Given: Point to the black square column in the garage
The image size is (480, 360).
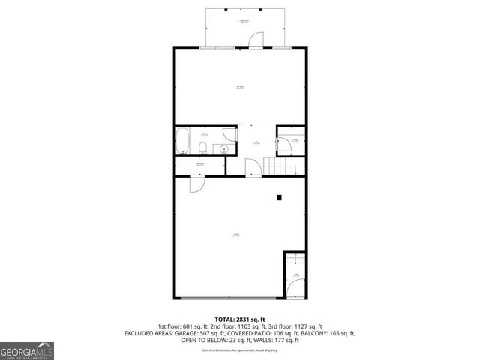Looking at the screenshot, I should [x=279, y=197].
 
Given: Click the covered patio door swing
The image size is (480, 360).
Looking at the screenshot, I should [x=256, y=39].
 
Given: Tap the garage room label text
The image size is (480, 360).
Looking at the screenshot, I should [x=235, y=235].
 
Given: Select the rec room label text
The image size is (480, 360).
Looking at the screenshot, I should [x=239, y=87].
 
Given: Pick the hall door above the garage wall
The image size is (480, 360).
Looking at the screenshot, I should [x=253, y=168].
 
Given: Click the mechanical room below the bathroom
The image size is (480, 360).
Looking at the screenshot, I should [x=200, y=165].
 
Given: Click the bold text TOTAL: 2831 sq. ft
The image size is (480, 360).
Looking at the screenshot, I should [x=239, y=319].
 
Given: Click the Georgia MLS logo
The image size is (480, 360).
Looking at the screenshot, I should [x=27, y=350].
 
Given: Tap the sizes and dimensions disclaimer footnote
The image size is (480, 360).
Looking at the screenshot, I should [x=239, y=349].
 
